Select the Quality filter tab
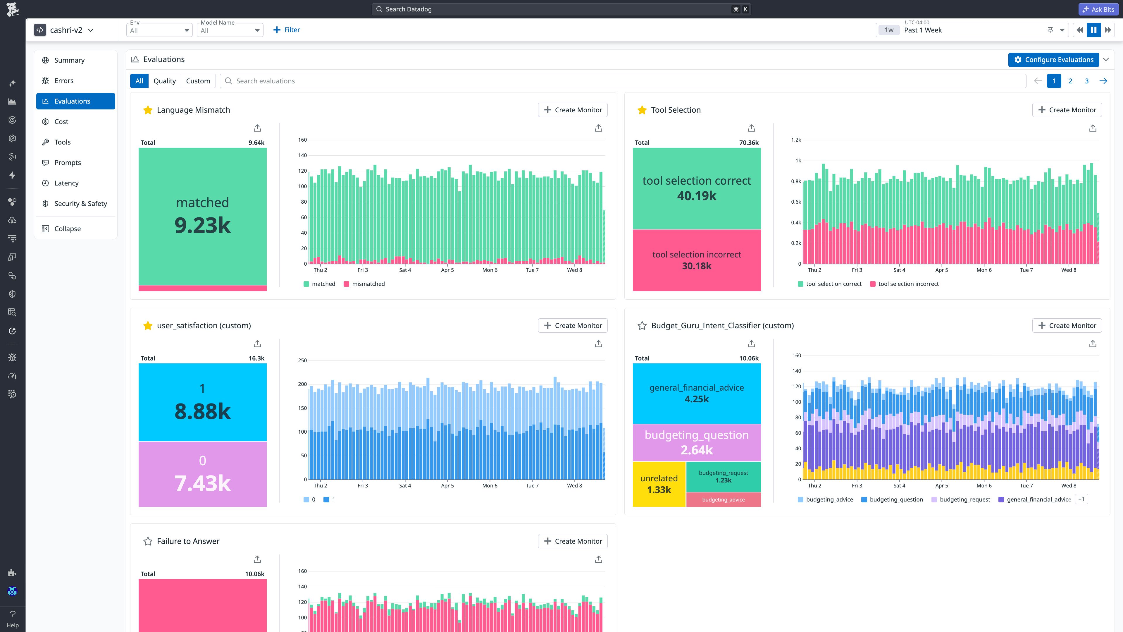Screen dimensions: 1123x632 tap(164, 81)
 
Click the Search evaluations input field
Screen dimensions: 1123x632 tap(623, 81)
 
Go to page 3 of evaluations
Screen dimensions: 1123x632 tap(1087, 81)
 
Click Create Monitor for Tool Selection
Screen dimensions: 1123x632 tap(1067, 110)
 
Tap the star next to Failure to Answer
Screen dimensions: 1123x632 tap(148, 541)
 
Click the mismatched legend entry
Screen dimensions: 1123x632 tap(364, 284)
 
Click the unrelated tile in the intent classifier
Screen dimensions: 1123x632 tap(659, 484)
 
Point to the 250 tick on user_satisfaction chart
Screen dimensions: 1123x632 tap(303, 360)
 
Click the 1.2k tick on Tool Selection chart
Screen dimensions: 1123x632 tap(796, 140)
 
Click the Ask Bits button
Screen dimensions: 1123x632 tap(1098, 9)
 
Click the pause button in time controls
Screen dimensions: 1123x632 tap(1094, 30)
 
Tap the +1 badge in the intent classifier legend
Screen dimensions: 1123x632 tap(1081, 499)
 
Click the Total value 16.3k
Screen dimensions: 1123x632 tap(256, 358)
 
